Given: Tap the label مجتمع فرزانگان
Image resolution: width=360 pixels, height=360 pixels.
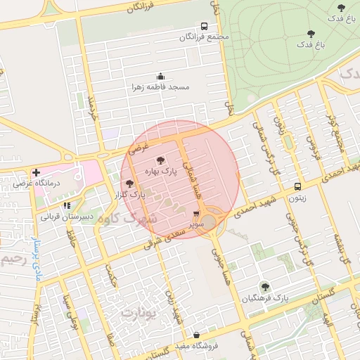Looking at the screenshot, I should [205, 37].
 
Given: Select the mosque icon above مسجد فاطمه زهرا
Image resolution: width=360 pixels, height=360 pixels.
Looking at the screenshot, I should [160, 76].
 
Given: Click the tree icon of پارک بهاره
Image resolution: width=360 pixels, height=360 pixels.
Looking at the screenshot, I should [160, 160].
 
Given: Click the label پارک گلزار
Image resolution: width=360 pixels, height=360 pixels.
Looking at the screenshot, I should [129, 193].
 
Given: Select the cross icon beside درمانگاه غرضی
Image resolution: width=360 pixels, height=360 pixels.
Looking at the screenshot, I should [36, 172].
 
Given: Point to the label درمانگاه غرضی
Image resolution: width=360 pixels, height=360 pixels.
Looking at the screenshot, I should [60, 183].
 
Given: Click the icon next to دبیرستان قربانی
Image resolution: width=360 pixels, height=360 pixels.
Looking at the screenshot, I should [67, 205].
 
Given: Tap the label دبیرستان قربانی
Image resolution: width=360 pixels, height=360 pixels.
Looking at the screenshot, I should [63, 217].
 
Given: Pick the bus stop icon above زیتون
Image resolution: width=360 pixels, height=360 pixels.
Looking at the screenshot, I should [297, 186].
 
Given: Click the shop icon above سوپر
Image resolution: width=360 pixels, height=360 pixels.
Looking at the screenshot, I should [196, 214].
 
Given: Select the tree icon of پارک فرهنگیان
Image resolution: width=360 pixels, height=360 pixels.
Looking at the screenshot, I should [265, 287].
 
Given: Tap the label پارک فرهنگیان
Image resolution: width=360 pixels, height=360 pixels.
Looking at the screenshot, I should [265, 298].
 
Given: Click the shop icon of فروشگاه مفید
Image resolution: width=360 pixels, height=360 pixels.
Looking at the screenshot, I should [195, 335].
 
